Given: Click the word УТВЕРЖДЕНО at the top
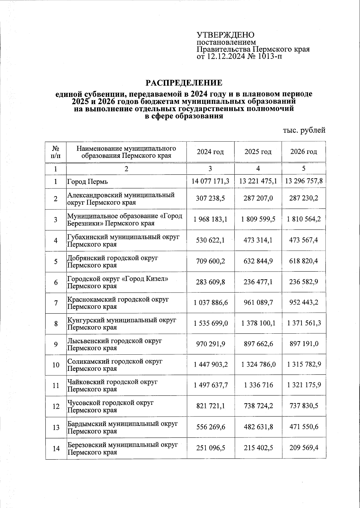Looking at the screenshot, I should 225,35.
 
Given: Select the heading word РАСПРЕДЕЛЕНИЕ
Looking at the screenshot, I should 184,83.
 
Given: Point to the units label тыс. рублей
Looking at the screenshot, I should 304,130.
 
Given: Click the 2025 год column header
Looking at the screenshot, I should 258,152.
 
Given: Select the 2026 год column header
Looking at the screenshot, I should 304,152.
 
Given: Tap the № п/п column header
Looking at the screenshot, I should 56,152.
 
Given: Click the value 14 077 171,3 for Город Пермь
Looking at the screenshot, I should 210,181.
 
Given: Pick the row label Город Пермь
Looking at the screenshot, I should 88,182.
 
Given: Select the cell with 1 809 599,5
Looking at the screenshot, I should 258,219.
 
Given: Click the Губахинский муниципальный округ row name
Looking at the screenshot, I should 123,241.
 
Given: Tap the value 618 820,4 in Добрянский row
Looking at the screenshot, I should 304,261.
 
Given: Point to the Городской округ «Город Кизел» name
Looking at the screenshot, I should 118,282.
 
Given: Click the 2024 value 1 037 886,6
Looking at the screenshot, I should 211,303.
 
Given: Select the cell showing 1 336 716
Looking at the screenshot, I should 258,385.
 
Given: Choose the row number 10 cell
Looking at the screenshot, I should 56,365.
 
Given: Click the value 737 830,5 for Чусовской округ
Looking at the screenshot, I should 304,406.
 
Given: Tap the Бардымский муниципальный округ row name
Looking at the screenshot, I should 122,427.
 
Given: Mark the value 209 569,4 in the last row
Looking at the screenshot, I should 304,448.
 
